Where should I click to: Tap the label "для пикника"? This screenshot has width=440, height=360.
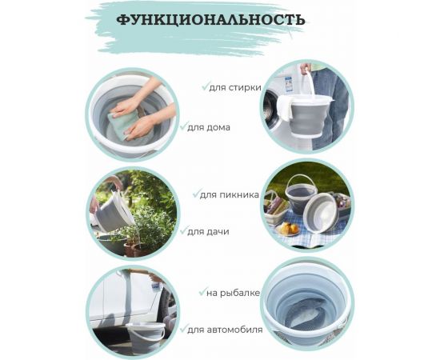click(x=229, y=194)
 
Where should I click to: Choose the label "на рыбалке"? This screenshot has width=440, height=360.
click(x=234, y=293)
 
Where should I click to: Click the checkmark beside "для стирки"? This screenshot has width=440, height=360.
click(x=205, y=86)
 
